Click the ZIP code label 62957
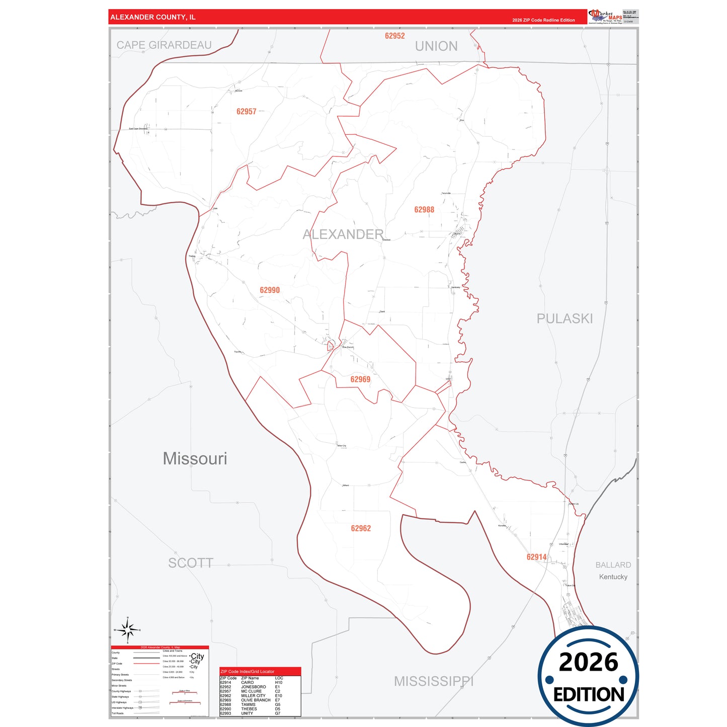tap(247, 112)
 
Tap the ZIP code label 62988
tap(424, 210)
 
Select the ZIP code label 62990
tap(270, 290)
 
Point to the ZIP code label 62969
tap(360, 380)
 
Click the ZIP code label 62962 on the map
tap(361, 528)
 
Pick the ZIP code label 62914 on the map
tap(536, 557)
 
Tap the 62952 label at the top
tap(394, 36)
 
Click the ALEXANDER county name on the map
tap(343, 234)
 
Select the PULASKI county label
tap(564, 318)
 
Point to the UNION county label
tap(436, 46)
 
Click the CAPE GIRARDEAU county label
tap(164, 45)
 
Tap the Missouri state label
tap(195, 458)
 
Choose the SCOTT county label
tap(191, 563)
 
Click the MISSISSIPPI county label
tap(434, 681)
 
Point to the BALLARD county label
tap(613, 565)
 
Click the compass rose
tap(128, 629)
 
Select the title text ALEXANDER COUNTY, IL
tap(153, 17)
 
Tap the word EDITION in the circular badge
tap(589, 695)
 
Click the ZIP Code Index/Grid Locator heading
tap(248, 672)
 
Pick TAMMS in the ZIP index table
tap(248, 704)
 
